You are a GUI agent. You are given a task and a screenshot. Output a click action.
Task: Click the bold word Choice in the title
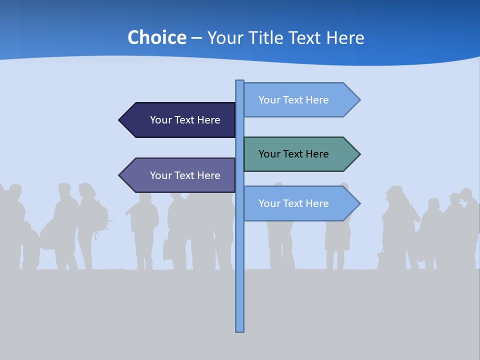point(156,37)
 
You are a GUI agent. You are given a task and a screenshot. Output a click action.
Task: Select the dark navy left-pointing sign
point(180,120)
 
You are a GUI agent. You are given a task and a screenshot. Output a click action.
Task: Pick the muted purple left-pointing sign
point(180,175)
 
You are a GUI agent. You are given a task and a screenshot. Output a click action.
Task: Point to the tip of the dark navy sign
point(120,120)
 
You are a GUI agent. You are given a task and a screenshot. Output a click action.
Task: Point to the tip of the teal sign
point(358,154)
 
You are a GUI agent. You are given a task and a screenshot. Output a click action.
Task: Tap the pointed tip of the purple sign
point(120,175)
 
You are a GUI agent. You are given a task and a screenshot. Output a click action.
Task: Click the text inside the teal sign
point(293,154)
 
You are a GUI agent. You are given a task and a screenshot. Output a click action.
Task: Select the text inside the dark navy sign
point(185,120)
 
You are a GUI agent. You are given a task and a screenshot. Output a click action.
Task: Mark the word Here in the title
point(345,37)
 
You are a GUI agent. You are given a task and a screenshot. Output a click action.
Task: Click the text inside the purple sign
point(185,175)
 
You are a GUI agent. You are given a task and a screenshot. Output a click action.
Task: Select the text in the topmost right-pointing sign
point(293,100)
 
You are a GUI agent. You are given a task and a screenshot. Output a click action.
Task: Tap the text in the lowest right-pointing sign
point(293,203)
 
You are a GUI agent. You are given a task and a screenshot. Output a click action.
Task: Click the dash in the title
point(196,38)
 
